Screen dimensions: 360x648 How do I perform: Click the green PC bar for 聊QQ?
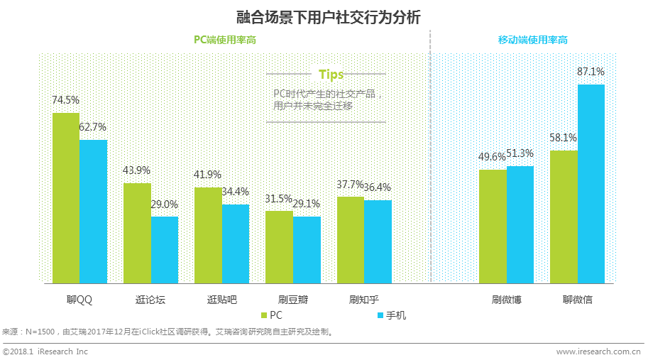(x=66, y=197)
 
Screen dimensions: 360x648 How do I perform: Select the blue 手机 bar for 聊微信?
(x=591, y=183)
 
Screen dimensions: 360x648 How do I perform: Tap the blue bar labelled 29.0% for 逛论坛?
(x=165, y=249)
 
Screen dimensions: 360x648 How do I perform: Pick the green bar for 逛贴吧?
(x=208, y=234)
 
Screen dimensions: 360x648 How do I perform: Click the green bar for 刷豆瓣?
(x=279, y=246)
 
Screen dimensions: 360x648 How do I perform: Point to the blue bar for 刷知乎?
(x=378, y=241)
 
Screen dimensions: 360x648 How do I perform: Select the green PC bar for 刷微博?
(x=493, y=226)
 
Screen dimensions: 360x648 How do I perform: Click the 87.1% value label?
(x=591, y=72)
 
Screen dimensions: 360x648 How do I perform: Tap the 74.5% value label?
(x=65, y=100)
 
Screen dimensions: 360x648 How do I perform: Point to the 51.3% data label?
(x=520, y=153)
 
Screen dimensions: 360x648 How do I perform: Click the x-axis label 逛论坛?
(x=150, y=300)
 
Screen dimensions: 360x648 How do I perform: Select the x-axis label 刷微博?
(x=506, y=300)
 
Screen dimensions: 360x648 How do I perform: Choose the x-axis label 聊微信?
(x=577, y=300)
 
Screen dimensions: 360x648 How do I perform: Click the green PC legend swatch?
(x=265, y=315)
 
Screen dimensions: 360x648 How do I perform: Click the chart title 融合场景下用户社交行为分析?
(x=324, y=16)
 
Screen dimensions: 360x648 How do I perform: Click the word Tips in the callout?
(x=331, y=75)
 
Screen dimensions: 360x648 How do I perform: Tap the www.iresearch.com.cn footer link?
(x=598, y=351)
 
